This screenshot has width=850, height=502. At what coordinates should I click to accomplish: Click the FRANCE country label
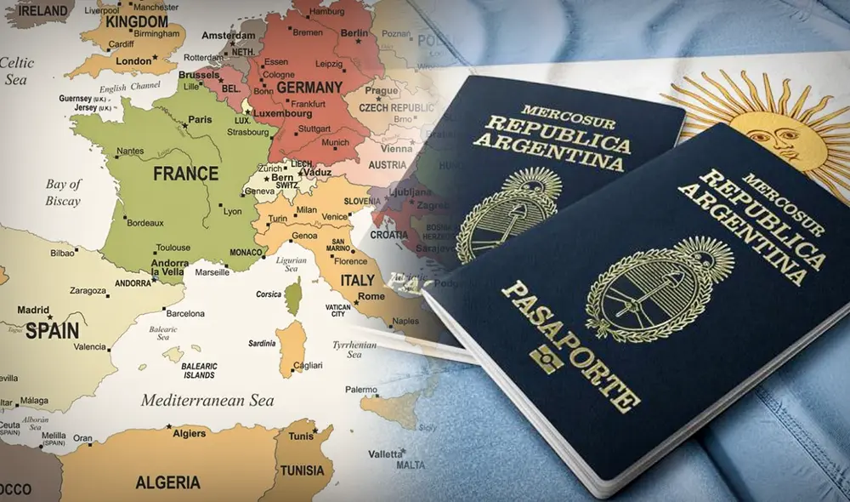tap(185, 174)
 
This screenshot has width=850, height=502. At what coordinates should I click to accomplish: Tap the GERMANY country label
tap(309, 88)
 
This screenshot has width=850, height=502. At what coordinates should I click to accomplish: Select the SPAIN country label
tap(52, 330)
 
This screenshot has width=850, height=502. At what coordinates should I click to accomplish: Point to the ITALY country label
tap(356, 280)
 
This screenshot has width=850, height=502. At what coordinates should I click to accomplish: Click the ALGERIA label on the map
tap(167, 482)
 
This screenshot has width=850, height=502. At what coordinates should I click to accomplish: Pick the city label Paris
tap(200, 120)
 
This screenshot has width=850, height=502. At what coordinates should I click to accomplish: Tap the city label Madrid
tap(34, 311)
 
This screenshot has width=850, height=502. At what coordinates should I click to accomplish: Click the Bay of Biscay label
tap(63, 192)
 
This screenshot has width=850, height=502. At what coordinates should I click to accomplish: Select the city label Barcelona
tap(185, 313)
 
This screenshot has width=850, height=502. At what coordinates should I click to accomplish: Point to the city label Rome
tap(371, 296)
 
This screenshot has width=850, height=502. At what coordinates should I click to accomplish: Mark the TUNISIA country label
tap(303, 470)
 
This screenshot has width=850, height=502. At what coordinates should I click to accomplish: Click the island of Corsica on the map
tap(292, 299)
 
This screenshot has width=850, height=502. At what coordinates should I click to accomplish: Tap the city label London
tap(133, 61)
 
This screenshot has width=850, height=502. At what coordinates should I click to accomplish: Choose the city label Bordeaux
tap(144, 223)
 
